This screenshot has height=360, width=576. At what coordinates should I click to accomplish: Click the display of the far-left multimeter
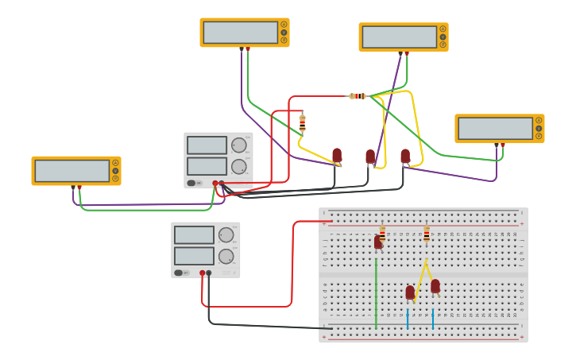tap(72, 171)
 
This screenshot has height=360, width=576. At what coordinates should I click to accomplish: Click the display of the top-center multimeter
tap(240, 33)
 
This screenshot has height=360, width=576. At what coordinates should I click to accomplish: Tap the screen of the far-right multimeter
tap(495, 129)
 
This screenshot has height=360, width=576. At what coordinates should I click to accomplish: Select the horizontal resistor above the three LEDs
tap(358, 96)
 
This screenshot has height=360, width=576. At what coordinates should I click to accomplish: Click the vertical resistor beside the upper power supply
tap(302, 123)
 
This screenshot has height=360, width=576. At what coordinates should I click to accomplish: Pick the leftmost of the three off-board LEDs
tap(337, 156)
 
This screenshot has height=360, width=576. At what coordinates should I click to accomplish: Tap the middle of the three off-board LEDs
tap(370, 157)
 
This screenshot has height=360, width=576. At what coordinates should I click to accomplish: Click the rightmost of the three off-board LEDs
tap(405, 156)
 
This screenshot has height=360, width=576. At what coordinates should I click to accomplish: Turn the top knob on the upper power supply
tap(238, 145)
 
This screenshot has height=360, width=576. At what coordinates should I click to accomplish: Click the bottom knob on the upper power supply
tap(238, 166)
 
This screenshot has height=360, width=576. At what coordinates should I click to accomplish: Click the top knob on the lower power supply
tap(226, 234)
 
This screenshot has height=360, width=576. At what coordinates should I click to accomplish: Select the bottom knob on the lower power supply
tap(226, 256)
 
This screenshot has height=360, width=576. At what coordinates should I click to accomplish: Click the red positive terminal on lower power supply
tap(203, 273)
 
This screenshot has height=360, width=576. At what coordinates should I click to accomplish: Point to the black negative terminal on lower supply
tap(209, 273)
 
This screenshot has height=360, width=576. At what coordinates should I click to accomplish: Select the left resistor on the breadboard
tap(382, 233)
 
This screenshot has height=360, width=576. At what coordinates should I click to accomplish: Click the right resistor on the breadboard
tap(427, 234)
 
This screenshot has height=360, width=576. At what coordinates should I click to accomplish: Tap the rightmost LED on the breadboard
tap(435, 286)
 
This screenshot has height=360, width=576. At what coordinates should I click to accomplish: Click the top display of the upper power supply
tap(207, 145)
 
